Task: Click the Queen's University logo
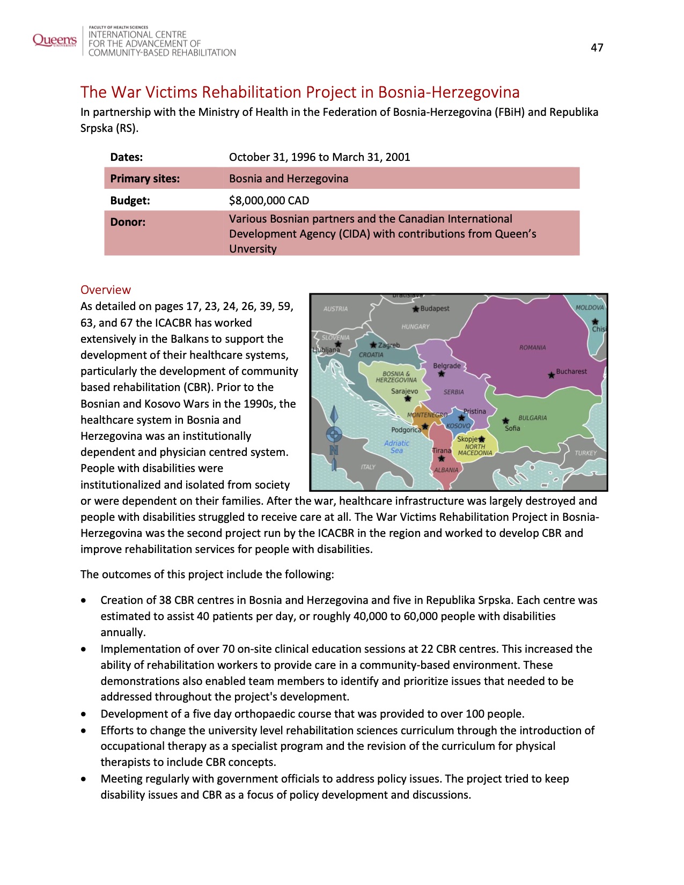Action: [54, 40]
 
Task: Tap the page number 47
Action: [597, 48]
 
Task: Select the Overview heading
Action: [105, 290]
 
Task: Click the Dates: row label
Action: [126, 157]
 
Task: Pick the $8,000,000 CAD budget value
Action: [269, 201]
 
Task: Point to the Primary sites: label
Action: [145, 179]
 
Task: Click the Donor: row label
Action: [128, 222]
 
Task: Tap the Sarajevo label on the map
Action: [404, 391]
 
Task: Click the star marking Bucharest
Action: [551, 375]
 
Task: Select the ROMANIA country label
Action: [532, 348]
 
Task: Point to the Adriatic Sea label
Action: [396, 447]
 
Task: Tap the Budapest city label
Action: [435, 308]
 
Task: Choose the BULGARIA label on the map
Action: [532, 418]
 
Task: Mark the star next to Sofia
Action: [505, 421]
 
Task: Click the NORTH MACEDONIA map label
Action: [475, 449]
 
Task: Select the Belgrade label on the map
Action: [446, 366]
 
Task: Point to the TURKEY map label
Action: [585, 453]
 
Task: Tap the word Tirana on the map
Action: [442, 451]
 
